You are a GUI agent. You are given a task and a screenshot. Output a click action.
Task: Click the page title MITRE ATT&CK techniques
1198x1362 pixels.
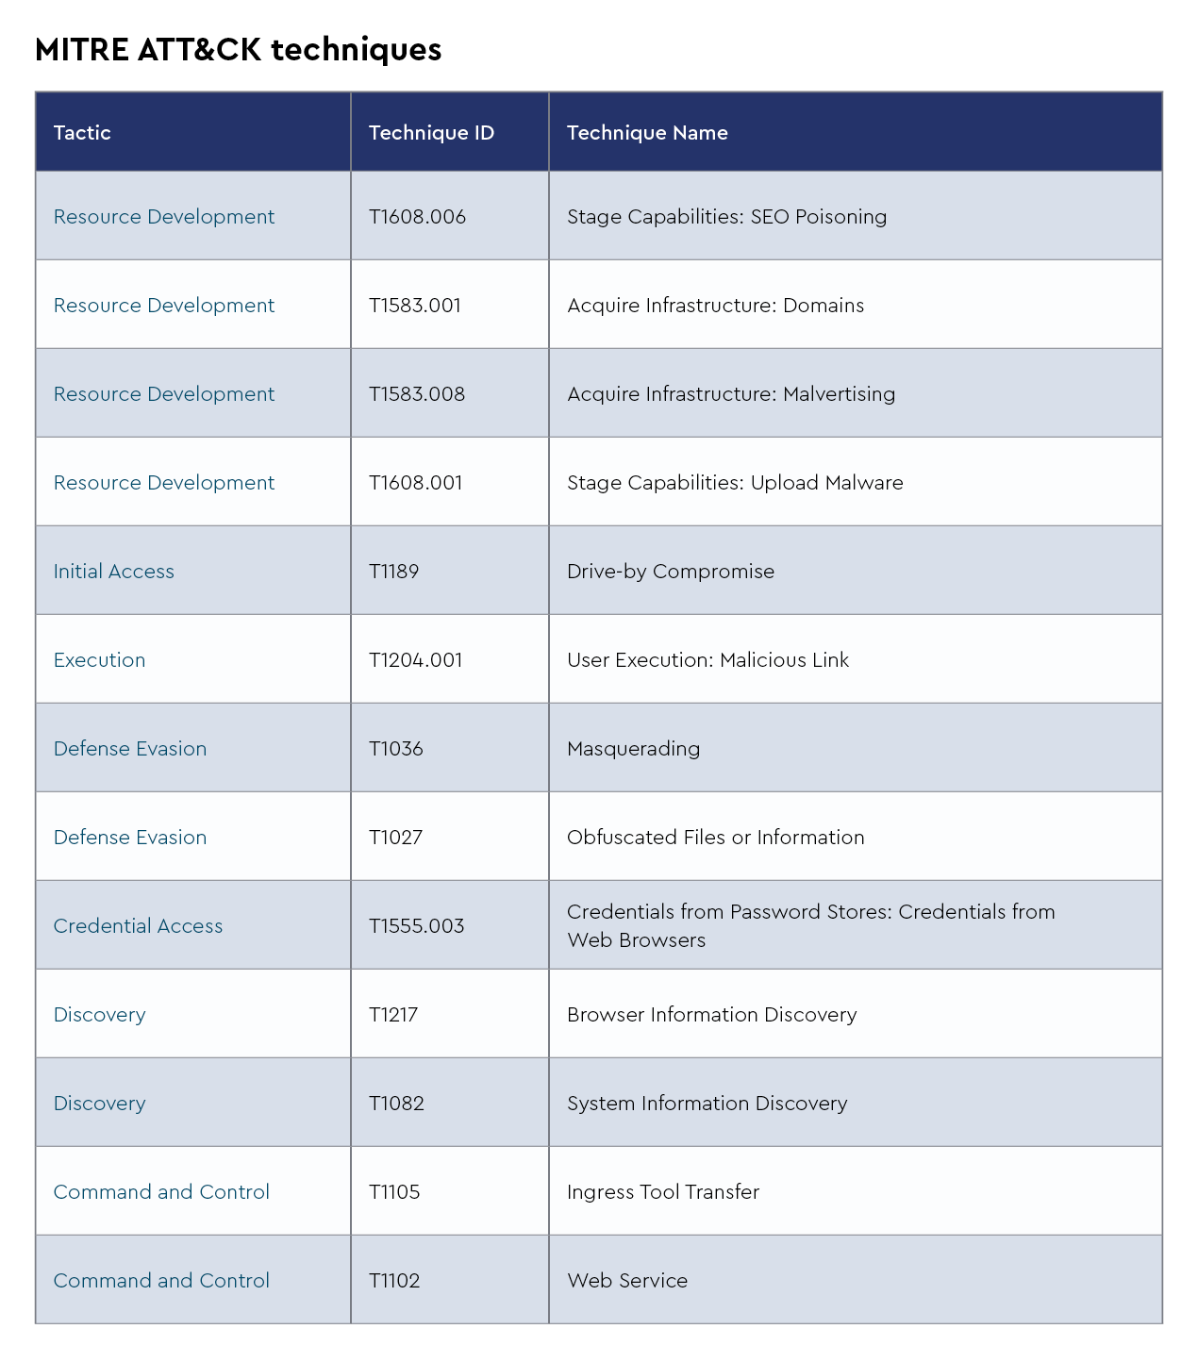pos(238,49)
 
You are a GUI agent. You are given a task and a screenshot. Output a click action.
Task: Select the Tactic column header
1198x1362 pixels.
pos(82,133)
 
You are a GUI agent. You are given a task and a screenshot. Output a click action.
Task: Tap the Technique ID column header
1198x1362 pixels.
pos(431,133)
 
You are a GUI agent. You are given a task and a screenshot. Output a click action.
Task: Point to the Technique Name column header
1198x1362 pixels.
pos(647,133)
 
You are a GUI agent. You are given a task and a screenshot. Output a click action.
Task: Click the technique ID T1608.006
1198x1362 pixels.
pos(417,217)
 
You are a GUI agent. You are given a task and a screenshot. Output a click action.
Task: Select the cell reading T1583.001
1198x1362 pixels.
pos(415,306)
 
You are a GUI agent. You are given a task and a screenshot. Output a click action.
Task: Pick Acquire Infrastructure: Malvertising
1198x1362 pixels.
pos(731,394)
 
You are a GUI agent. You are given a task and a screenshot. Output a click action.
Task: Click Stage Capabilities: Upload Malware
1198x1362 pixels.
pos(735,483)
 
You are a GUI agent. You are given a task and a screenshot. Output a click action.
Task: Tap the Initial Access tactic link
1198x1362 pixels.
pos(114,572)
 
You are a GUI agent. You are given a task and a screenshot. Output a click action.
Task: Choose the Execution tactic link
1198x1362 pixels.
pos(100,660)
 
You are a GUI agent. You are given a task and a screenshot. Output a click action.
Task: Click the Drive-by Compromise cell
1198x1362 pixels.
pos(671,572)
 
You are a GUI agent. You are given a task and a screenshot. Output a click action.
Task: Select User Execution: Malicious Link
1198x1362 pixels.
pos(707,660)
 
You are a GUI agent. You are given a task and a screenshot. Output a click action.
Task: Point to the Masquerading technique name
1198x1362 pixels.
pos(634,749)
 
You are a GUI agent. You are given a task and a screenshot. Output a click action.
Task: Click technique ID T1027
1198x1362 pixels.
pos(395,838)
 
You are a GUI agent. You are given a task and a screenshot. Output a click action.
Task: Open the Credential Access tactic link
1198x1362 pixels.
pos(139,926)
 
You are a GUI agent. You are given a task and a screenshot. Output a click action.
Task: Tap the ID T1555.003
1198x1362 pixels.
pos(416,926)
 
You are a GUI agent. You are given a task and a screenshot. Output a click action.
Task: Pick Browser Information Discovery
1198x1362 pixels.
pos(711,1015)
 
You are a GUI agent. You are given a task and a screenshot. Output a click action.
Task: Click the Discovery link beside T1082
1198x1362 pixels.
pos(100,1104)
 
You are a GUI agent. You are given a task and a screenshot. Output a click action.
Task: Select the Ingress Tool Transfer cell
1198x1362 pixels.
pos(663,1192)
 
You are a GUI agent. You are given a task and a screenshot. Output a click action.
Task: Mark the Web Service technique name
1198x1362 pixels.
pos(627,1281)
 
